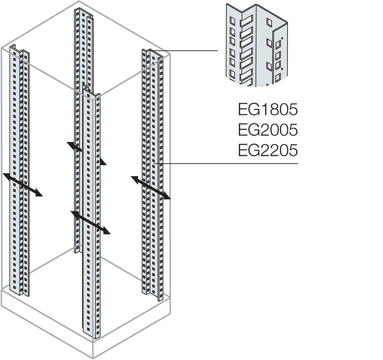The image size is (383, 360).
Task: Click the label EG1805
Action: click(268, 110)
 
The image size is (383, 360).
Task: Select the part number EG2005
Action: click(268, 130)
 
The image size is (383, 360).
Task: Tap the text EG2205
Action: click(268, 150)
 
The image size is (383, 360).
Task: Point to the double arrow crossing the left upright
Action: click(23, 184)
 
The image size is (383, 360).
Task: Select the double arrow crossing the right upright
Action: click(150, 187)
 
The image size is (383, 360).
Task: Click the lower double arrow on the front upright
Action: click(90, 222)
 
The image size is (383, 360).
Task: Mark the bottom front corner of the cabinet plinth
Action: click(93, 358)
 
